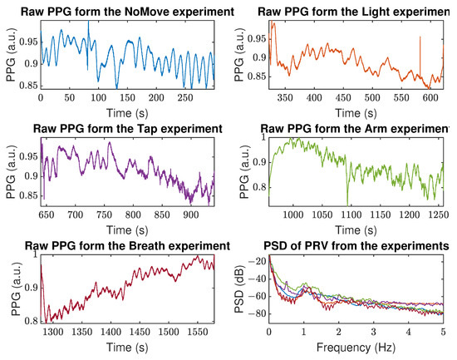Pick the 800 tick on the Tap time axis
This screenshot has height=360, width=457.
[143, 215]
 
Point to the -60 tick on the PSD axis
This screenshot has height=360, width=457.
[257, 297]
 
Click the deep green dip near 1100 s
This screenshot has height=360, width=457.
[347, 202]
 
